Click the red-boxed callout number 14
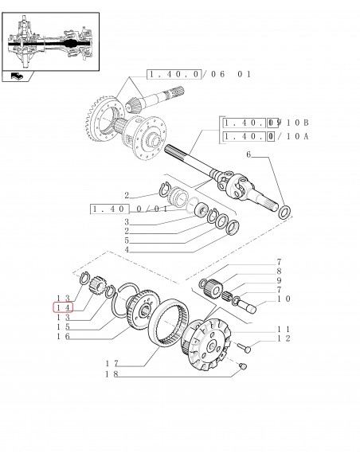[63, 307]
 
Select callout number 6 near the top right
[248, 154]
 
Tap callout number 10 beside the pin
[284, 299]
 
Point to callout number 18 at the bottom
[112, 374]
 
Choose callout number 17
[112, 363]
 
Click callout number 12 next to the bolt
[284, 338]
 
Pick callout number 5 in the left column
[127, 240]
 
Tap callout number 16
[63, 336]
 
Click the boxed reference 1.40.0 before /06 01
[174, 74]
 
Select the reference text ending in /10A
[266, 136]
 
